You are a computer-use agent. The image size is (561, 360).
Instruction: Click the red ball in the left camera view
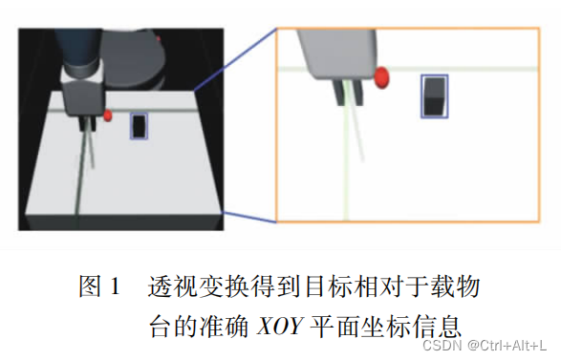click(108, 116)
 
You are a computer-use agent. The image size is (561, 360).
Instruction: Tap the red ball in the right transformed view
click(381, 77)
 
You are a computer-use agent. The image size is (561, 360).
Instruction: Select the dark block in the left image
click(139, 126)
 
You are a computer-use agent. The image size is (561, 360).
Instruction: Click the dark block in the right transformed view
click(435, 96)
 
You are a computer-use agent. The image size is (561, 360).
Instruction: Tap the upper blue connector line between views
click(235, 60)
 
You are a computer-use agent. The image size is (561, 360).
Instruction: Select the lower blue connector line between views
click(249, 217)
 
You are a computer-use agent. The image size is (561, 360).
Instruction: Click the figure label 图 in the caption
click(90, 286)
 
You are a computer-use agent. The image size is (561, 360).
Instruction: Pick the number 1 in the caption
click(116, 286)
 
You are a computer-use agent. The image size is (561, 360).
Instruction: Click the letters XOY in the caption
click(281, 326)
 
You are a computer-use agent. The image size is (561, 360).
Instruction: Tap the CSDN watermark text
click(442, 346)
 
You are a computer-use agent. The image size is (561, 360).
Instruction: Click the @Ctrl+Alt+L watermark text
click(507, 346)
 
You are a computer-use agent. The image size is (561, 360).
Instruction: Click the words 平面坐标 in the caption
click(360, 326)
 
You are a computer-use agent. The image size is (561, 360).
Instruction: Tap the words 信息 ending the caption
click(436, 326)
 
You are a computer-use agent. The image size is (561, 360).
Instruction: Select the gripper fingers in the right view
click(349, 93)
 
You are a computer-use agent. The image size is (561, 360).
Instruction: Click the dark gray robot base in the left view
click(133, 58)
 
